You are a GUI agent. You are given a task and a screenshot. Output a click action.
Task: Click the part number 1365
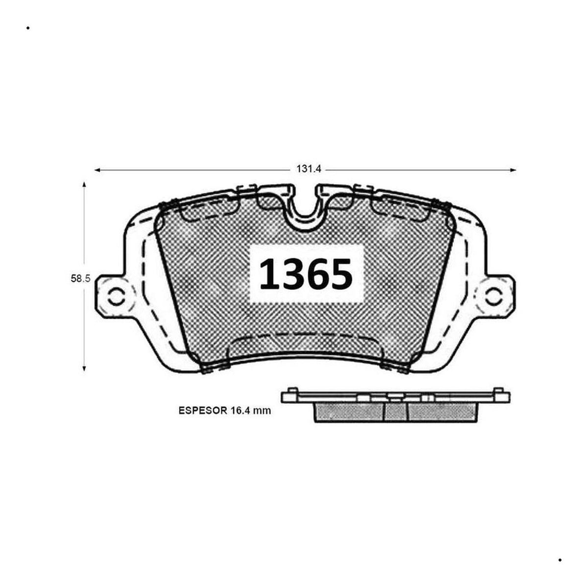[x=306, y=274]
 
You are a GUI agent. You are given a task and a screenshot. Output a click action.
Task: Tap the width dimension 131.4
[x=309, y=169]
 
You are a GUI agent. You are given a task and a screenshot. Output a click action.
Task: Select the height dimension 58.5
[x=80, y=278]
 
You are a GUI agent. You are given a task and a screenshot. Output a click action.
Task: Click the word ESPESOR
[x=202, y=411]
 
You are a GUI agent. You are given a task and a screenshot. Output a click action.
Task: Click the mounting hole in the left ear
[x=116, y=295]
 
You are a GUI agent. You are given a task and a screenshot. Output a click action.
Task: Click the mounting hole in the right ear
[x=494, y=295]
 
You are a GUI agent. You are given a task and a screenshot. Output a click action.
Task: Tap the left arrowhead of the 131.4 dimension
[x=98, y=170]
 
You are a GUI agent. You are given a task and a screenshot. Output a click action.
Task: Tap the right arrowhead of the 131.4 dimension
[x=513, y=170]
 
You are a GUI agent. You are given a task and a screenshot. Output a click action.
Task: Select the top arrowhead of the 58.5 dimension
[x=84, y=185]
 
